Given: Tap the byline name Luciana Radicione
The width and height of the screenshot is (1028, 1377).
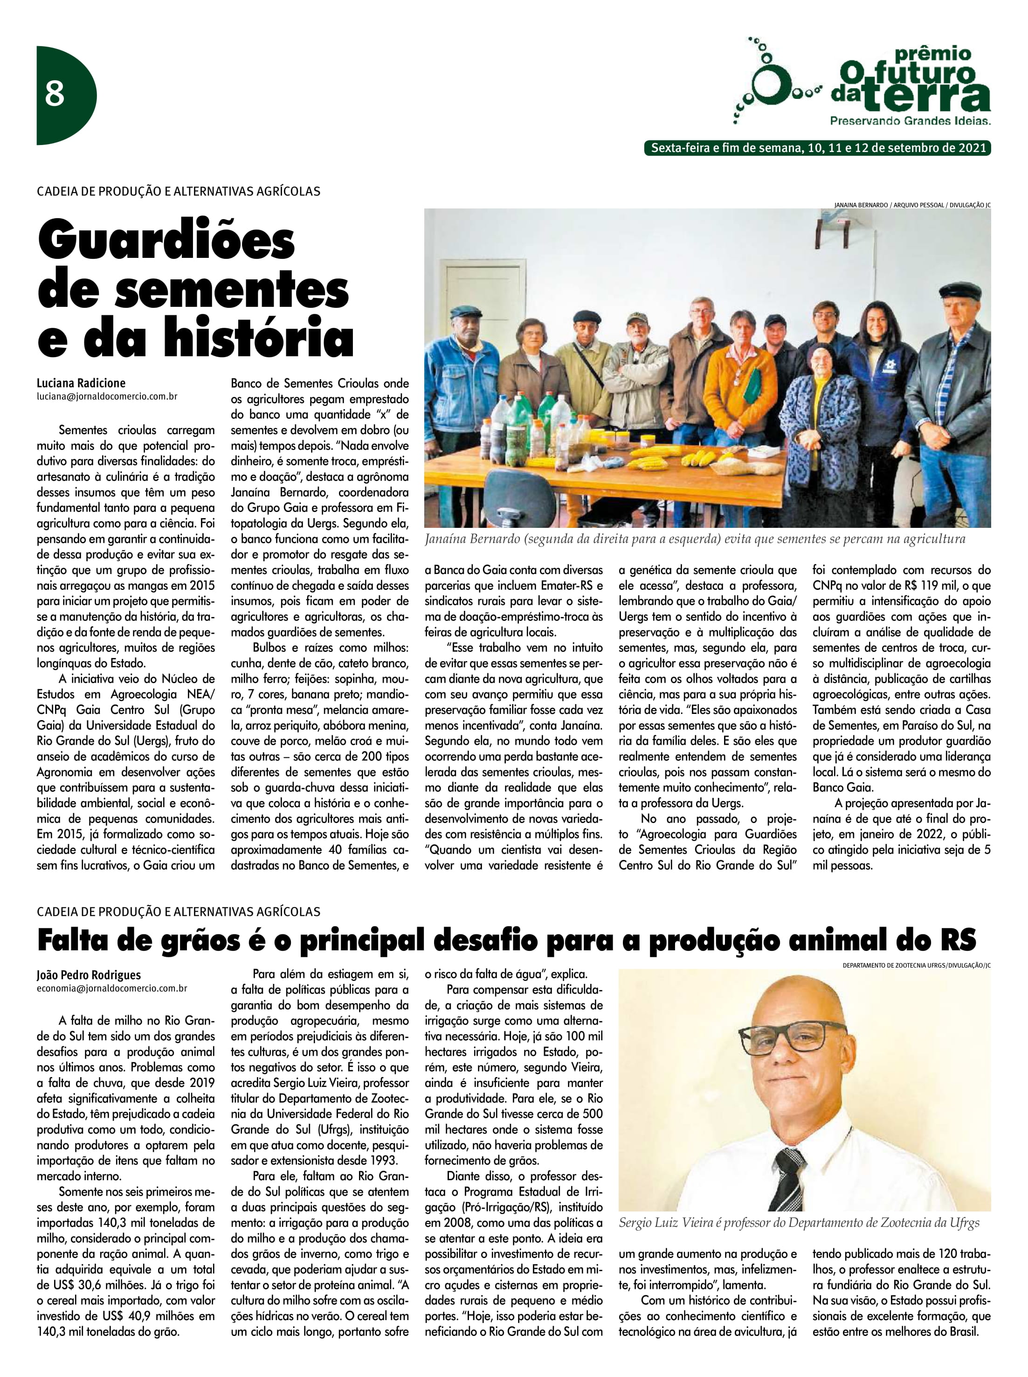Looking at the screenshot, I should (x=81, y=383).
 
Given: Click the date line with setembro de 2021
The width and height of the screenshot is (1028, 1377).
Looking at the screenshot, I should (x=818, y=148).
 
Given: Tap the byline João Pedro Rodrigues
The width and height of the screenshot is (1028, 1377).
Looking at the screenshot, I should (x=89, y=975).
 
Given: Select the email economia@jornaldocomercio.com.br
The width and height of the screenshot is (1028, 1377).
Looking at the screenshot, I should (x=112, y=988).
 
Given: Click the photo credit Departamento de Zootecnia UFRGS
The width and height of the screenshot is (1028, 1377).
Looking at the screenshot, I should (x=916, y=964).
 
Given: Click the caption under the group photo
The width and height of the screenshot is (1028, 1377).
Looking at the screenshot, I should (x=695, y=539).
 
